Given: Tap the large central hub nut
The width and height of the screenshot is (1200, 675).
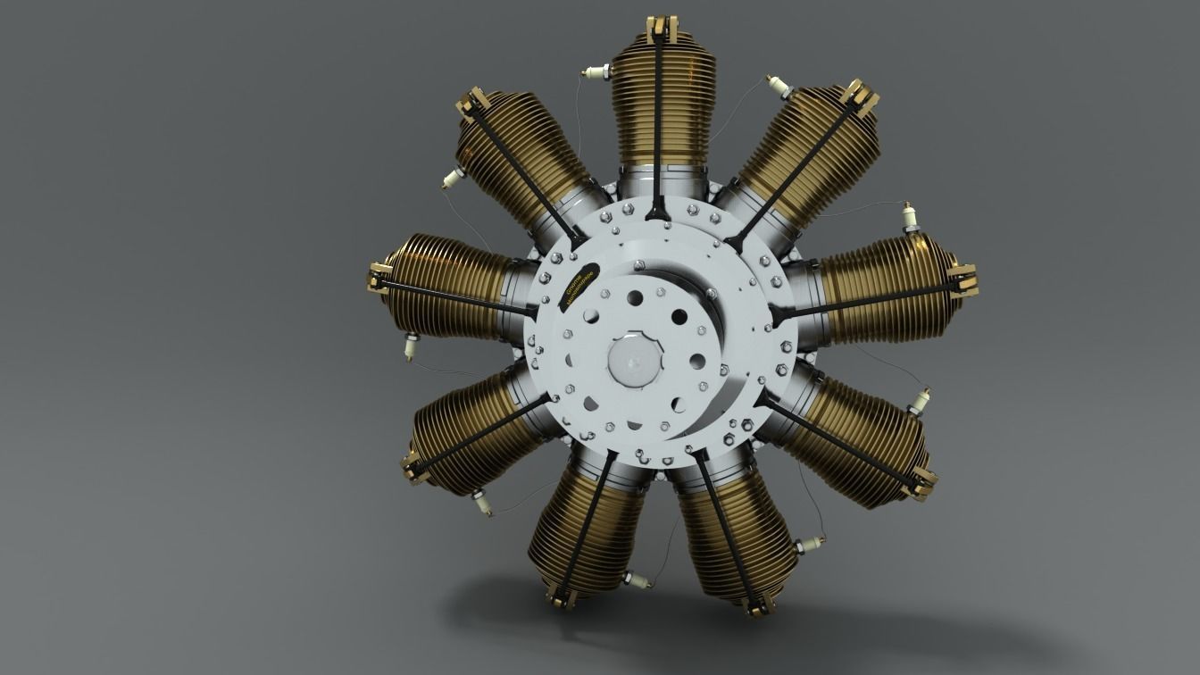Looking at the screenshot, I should click(635, 361).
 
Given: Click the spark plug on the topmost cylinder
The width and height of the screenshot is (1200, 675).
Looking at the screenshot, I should click(596, 71).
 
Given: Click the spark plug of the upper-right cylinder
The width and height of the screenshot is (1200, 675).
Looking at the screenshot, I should click(779, 87).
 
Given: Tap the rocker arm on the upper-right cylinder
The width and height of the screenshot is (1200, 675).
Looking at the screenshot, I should click(858, 97).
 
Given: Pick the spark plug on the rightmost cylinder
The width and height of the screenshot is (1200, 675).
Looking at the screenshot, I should click(911, 217).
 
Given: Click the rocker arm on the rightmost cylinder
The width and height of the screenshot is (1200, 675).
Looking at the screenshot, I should click(962, 279).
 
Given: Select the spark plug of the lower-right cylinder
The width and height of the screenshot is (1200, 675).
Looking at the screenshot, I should click(920, 401).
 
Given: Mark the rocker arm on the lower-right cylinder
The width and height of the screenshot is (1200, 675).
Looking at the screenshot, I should click(921, 482).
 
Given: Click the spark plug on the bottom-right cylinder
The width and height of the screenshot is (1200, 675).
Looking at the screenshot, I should click(811, 545).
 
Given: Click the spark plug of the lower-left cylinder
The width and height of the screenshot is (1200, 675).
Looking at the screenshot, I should click(482, 504).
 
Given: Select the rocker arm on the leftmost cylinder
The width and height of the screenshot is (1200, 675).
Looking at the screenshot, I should click(379, 278).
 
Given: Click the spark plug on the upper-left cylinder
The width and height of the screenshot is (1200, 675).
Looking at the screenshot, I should click(453, 179).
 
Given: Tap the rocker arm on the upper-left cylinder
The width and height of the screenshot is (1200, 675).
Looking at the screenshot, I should click(471, 105).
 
